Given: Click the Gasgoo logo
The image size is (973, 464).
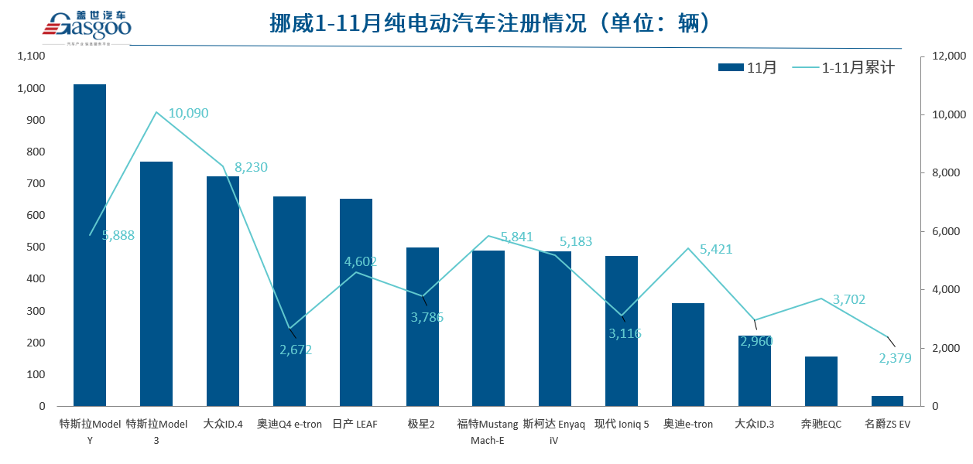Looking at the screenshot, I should (x=87, y=25).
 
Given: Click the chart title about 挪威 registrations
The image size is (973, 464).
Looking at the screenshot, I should (x=489, y=24).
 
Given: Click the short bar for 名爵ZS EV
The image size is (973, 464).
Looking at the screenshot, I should (x=887, y=401).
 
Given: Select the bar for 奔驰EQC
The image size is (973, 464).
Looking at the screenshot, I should (x=821, y=381).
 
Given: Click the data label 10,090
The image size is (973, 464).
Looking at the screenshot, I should (x=188, y=114).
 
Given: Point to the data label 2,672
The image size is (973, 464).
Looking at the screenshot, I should (x=296, y=350).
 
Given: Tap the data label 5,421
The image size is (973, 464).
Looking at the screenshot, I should (x=715, y=249).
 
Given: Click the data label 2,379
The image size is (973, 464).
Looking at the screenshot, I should (x=895, y=358).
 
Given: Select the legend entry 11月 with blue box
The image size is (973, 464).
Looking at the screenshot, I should (x=748, y=68).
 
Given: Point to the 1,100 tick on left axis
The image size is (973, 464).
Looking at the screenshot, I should (x=31, y=56).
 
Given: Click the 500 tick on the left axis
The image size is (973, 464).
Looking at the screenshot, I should (x=36, y=247).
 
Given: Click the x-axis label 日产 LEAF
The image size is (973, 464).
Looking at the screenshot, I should (x=355, y=425).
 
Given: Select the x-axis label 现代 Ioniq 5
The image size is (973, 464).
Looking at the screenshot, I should (x=622, y=425).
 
